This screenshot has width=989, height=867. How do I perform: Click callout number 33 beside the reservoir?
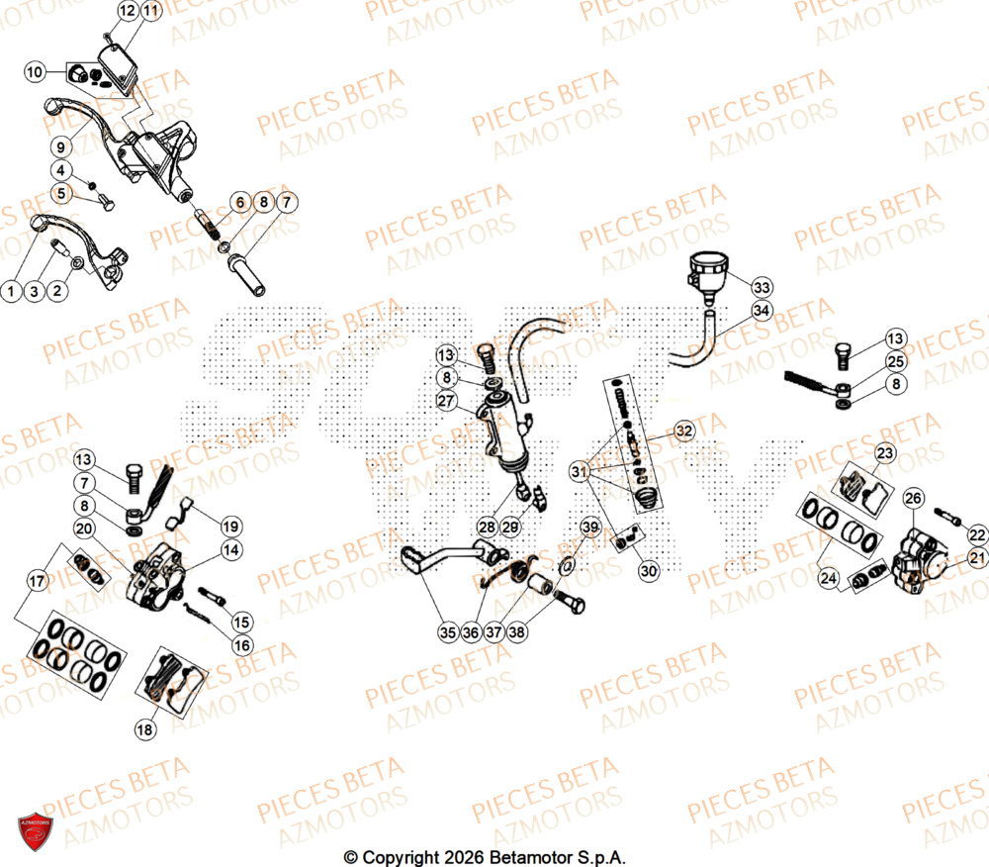761,288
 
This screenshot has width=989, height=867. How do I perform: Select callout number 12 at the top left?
128,11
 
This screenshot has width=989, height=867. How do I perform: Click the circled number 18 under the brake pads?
145,729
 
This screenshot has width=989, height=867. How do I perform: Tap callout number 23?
884,453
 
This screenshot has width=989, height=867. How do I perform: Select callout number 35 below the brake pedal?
447,629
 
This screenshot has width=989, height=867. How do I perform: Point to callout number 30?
649,570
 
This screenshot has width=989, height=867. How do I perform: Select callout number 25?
895,362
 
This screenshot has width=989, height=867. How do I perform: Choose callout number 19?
230,526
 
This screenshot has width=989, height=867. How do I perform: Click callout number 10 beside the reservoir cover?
35,71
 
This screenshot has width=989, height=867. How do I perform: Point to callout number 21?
977,559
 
